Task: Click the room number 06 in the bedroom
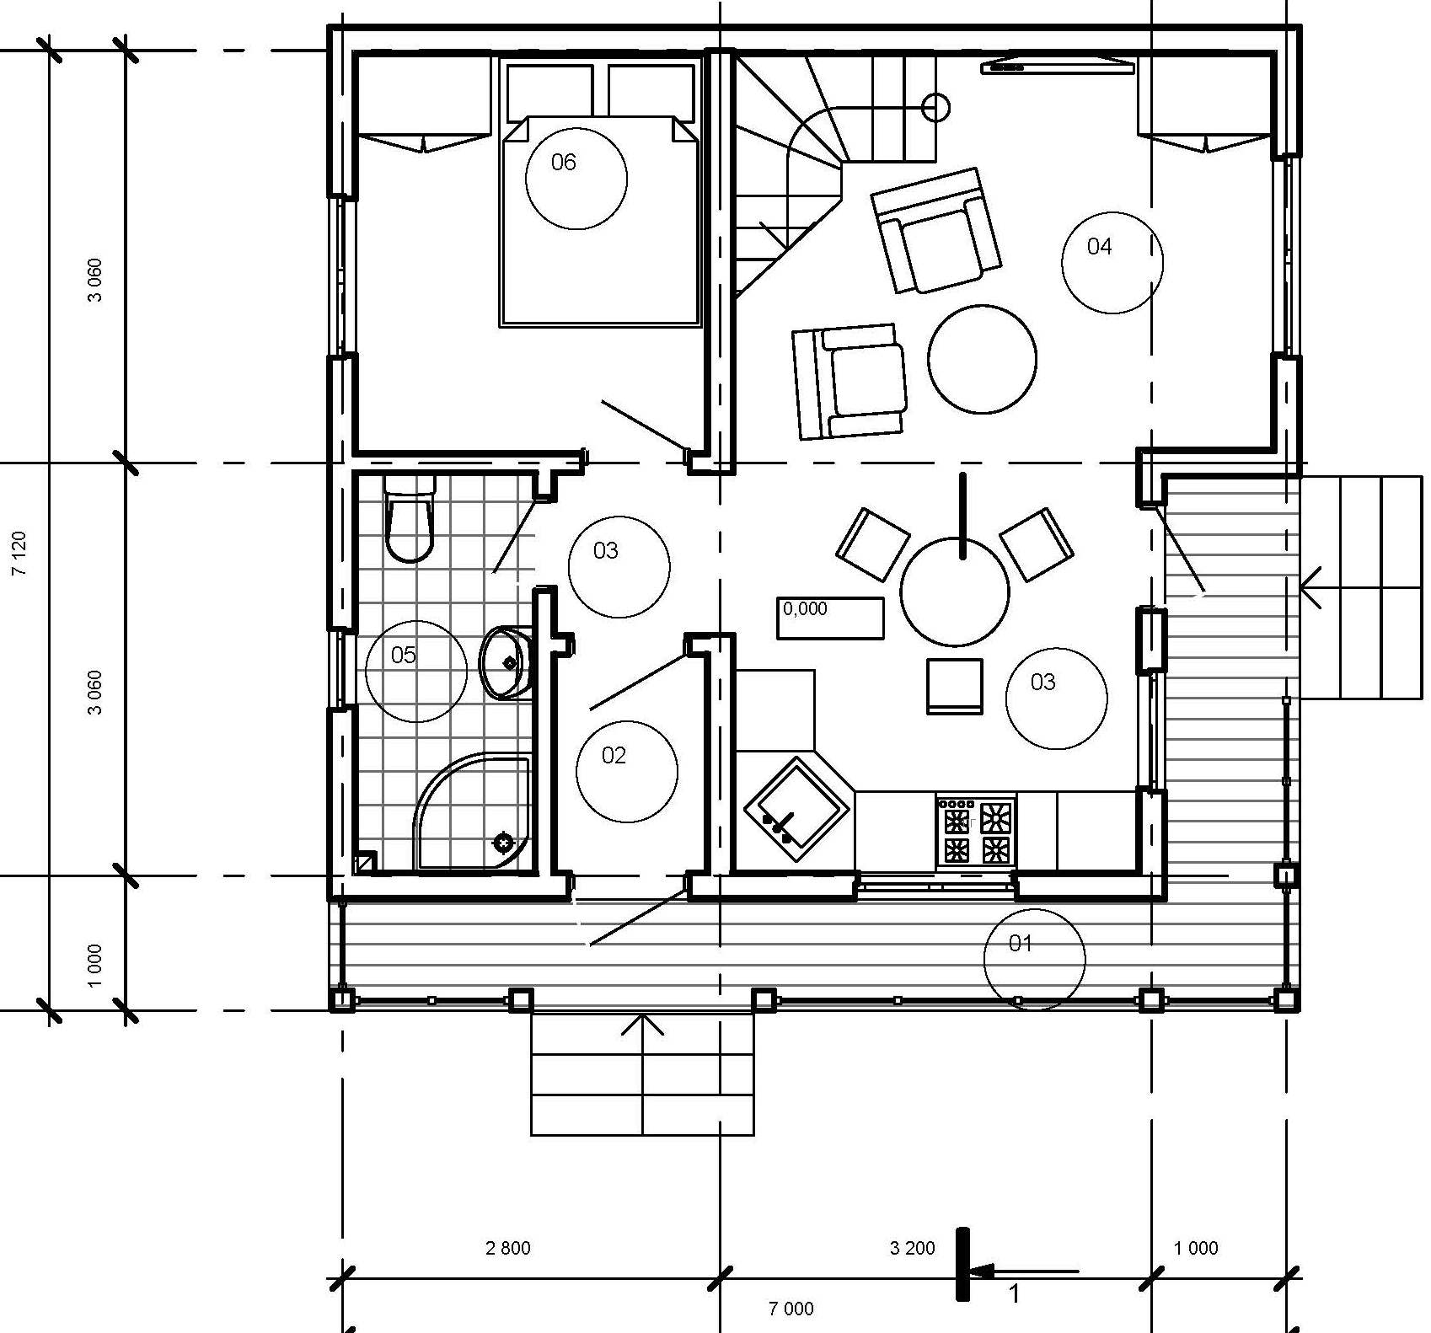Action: (563, 162)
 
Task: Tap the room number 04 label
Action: (1099, 246)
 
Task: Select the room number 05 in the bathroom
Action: (403, 655)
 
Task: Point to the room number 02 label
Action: (614, 755)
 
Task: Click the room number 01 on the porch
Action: (1020, 943)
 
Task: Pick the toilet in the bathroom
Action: (410, 518)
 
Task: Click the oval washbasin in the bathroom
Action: (506, 662)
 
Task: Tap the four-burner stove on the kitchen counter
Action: (976, 830)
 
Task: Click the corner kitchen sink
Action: (796, 809)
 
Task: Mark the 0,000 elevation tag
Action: (830, 618)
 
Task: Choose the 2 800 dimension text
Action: (508, 1248)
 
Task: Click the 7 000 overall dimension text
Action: (791, 1309)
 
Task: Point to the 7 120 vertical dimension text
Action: (19, 553)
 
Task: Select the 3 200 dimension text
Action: (913, 1248)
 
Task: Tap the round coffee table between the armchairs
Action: (983, 359)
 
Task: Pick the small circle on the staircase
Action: (936, 108)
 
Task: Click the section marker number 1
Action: (1015, 1293)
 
